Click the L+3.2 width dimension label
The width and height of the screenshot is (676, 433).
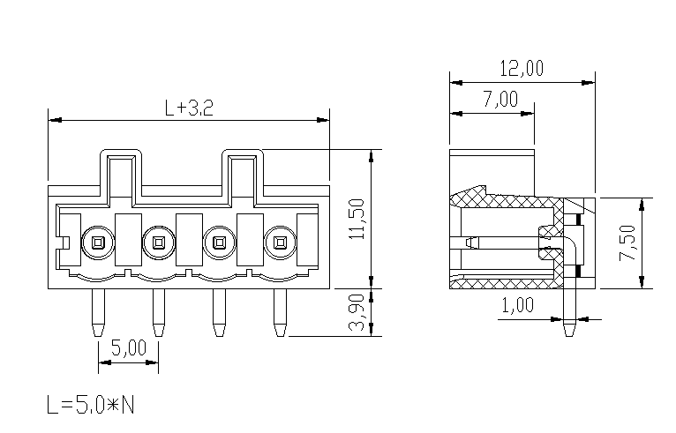tap(189, 108)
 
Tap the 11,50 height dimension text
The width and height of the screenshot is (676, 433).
tap(357, 219)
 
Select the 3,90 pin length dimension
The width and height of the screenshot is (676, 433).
tap(357, 312)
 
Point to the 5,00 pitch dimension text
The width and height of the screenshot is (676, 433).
tap(129, 347)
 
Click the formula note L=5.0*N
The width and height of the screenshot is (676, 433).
tap(91, 405)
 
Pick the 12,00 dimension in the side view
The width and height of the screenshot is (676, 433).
tap(522, 69)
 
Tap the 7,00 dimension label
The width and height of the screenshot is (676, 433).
tap(500, 100)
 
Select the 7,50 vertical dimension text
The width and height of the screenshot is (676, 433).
tap(627, 243)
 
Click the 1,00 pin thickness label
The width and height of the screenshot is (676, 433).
tap(518, 305)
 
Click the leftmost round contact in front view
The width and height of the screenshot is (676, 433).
tap(98, 243)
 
